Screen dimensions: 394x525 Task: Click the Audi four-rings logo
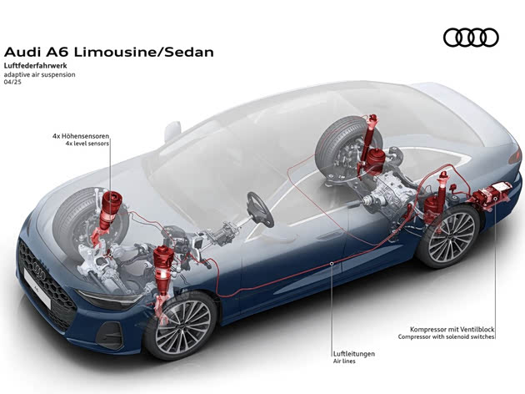tap(471, 38)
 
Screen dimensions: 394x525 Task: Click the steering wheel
tap(260, 208)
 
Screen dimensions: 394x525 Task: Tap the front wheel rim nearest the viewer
tap(182, 325)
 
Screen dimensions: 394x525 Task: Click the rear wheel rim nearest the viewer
tap(448, 238)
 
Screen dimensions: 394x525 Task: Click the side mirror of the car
tap(172, 130)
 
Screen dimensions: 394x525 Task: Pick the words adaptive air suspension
tap(40, 74)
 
